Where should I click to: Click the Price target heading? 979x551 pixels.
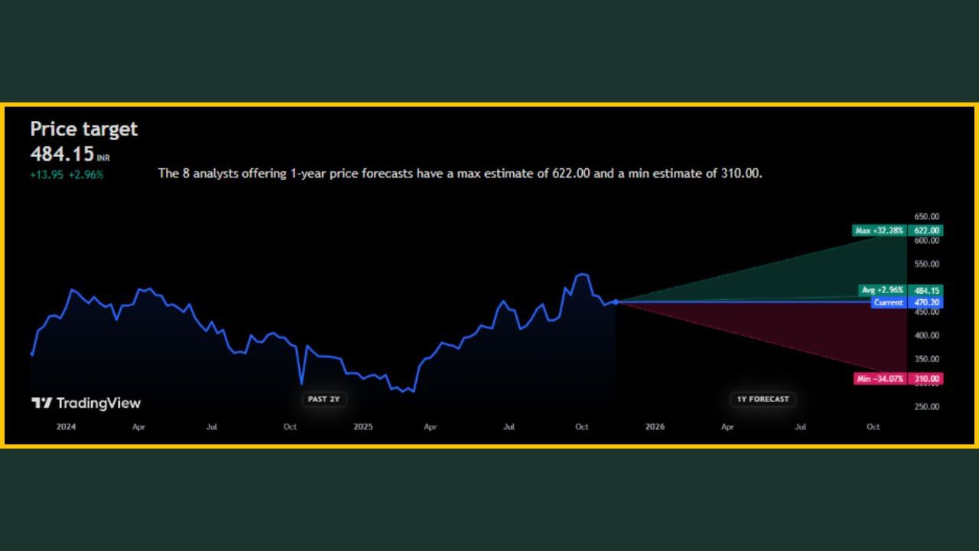tap(84, 129)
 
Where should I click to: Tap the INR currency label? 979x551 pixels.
tap(103, 158)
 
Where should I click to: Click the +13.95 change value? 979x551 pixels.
tap(47, 174)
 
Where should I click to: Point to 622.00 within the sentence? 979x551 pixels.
tap(571, 174)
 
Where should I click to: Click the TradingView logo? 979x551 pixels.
tap(86, 403)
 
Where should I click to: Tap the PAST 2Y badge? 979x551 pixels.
tap(324, 399)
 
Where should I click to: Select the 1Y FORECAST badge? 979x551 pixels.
tap(763, 399)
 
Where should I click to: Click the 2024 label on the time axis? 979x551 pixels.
tap(67, 427)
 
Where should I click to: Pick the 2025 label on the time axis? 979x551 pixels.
tap(363, 427)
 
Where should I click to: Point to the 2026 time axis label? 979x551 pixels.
tap(655, 427)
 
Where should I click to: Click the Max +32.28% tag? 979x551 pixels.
tap(880, 230)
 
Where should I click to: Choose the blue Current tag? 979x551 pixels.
tap(889, 302)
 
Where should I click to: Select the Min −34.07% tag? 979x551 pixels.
tap(880, 379)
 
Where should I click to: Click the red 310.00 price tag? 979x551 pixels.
tap(926, 379)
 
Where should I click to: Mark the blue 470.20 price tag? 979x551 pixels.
tap(926, 302)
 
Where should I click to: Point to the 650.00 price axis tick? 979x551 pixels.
tap(926, 217)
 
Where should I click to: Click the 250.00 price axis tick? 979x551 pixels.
tap(926, 406)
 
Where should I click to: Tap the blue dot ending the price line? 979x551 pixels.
tap(616, 302)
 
